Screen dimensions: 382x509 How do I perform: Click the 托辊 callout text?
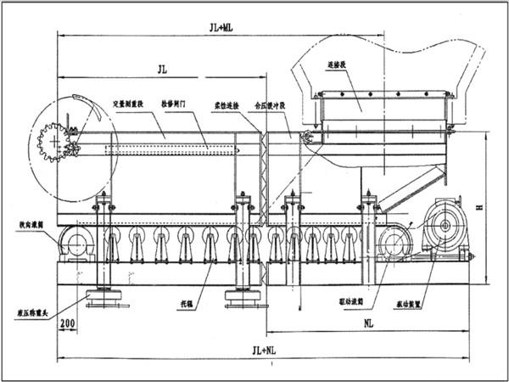tap(198, 300)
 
